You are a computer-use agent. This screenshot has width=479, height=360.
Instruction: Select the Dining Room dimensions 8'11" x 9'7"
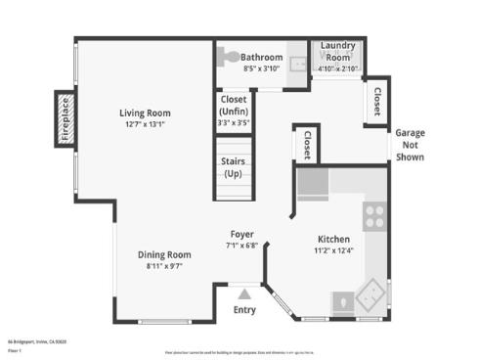point(162,265)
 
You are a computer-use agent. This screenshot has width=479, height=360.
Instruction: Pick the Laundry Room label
point(337,51)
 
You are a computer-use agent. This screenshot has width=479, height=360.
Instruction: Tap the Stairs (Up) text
point(233,166)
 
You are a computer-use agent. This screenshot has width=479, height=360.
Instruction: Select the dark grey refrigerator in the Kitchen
point(313,182)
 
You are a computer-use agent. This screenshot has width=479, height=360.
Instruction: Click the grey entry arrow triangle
point(244,292)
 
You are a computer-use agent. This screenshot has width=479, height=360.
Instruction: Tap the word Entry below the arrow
point(244,310)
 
